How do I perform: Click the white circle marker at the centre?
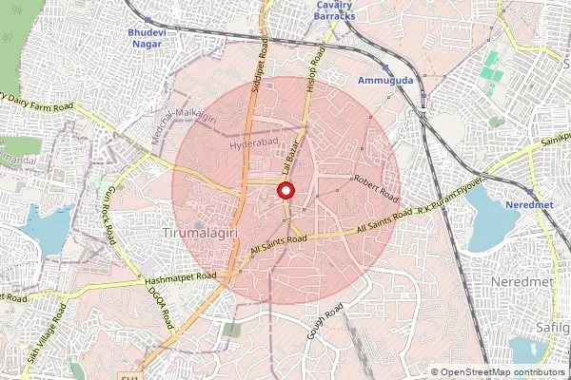point(285,190)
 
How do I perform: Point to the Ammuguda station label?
point(384,82)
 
